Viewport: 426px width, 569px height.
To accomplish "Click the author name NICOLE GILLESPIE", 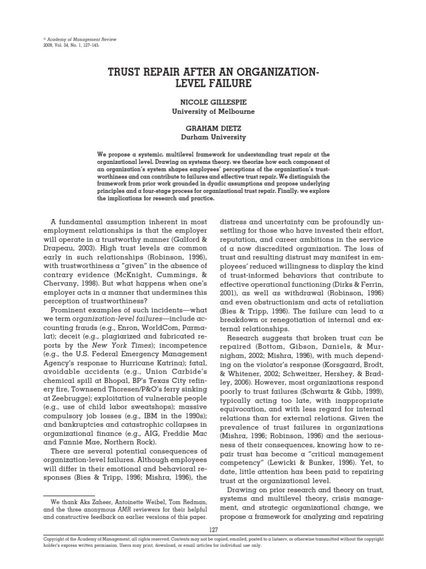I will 213,102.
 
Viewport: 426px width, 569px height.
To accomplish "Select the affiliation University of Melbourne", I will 213,111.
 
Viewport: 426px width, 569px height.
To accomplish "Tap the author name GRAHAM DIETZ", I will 213,127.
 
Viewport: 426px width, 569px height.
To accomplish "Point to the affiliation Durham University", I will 213,137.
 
